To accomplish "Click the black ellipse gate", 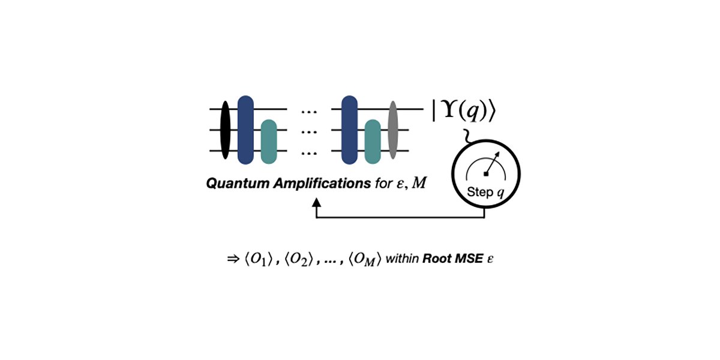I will point(225,130).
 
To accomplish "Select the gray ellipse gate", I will point(393,130).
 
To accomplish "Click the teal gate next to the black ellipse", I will point(268,142).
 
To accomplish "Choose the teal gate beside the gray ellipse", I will point(373,142).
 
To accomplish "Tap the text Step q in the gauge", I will point(486,193).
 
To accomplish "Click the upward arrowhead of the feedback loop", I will point(317,203).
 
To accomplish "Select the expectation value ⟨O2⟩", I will point(297,260).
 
